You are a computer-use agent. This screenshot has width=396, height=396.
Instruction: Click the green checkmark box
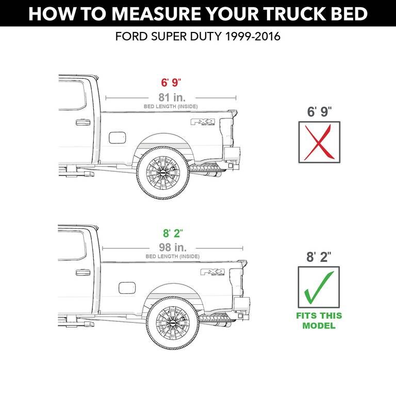(x=319, y=287)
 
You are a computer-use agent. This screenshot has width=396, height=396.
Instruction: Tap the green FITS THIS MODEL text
(x=319, y=321)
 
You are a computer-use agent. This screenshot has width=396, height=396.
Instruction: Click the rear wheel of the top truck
(x=162, y=171)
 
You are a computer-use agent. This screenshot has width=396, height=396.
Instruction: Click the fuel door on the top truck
(x=117, y=138)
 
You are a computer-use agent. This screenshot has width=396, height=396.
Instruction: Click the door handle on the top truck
(x=82, y=123)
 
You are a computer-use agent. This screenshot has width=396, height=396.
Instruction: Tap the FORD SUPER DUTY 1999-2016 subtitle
(x=198, y=37)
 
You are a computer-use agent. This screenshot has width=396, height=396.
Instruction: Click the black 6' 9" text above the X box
(x=319, y=111)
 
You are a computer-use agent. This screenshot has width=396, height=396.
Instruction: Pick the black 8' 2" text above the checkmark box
(x=319, y=257)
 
